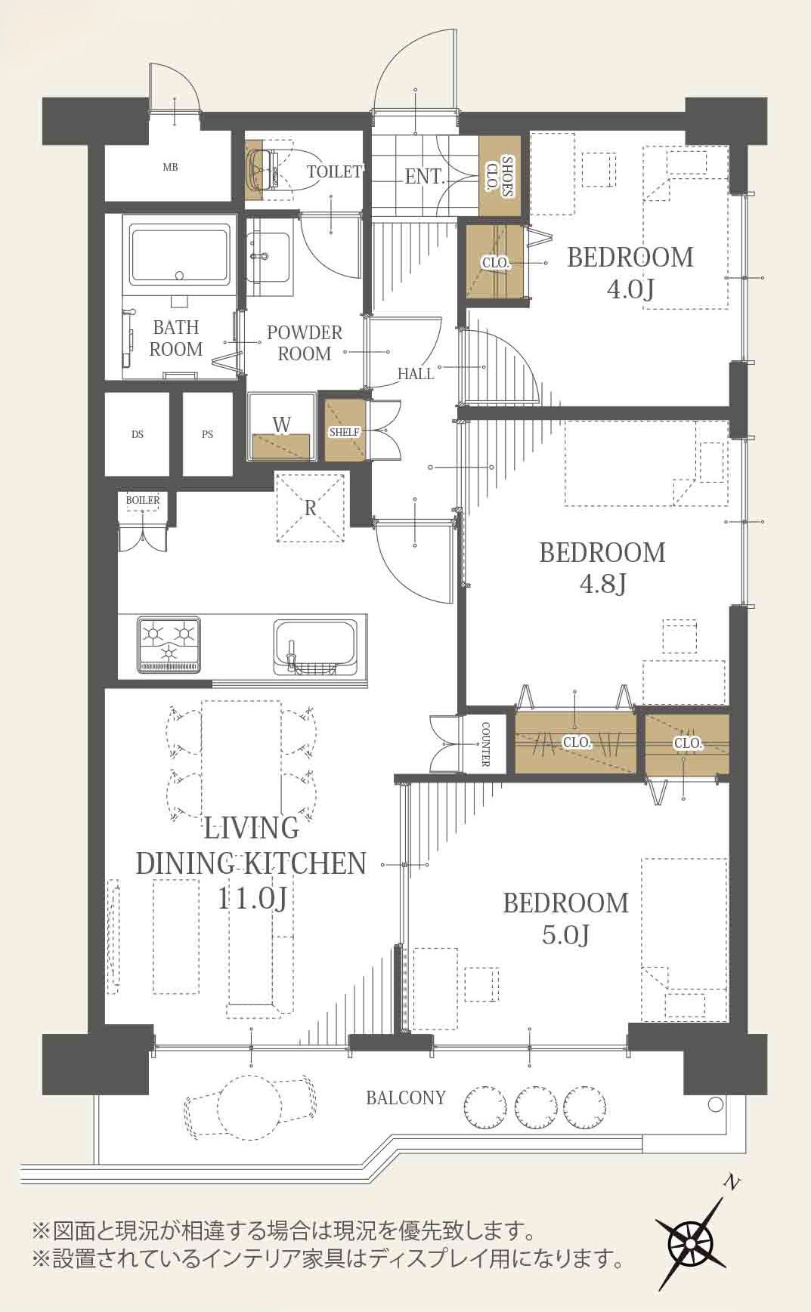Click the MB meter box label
pos(170,167)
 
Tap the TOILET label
pos(334,171)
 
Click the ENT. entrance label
pos(424,176)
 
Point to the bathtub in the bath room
pos(180,254)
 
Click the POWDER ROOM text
pos(305,343)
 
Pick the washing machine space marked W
pos(281,427)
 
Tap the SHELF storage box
pos(345,431)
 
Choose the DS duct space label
pos(138,434)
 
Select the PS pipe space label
pos(207,434)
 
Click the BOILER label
pos(143,500)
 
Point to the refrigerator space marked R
pos(311,508)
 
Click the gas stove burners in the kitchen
pos(169,644)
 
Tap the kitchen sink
pos(314,647)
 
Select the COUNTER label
pos(486,744)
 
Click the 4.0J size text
pos(630,289)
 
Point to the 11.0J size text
pos(252,898)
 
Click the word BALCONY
pos(406,1097)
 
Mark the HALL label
pos(416,373)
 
